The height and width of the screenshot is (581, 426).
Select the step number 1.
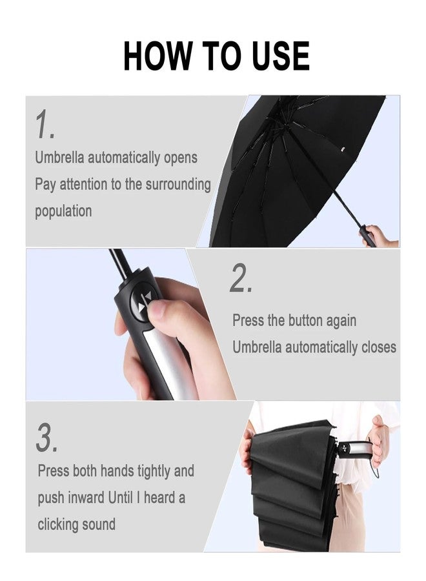click(x=44, y=125)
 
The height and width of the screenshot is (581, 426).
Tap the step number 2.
click(x=241, y=279)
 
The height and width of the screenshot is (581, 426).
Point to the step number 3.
click(x=46, y=438)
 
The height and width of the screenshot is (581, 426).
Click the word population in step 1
click(x=63, y=211)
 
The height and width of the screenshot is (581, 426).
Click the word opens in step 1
click(x=180, y=158)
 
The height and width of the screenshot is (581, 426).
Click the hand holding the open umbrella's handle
click(x=381, y=236)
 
